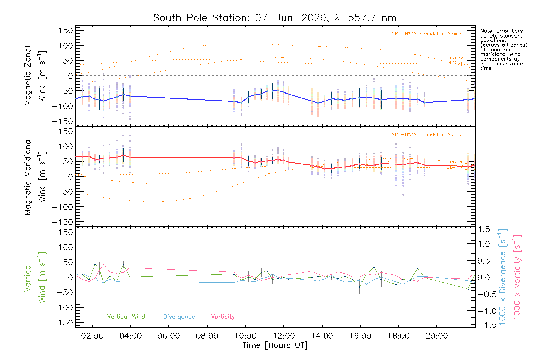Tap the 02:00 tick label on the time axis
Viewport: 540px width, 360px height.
coord(92,336)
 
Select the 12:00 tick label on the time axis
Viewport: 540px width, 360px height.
coord(284,336)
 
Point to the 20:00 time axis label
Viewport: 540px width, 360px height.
coord(437,336)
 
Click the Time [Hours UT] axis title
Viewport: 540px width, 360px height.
coord(275,345)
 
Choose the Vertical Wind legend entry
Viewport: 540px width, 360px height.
coord(126,316)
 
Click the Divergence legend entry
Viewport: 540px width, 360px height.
coord(179,317)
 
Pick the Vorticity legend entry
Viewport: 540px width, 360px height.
coord(223,316)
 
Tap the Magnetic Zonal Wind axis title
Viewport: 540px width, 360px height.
coord(35,76)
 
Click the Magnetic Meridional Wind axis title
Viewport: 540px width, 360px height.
coord(35,177)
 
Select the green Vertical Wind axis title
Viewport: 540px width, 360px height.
coord(35,277)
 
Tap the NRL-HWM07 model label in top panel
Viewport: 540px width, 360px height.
coord(427,34)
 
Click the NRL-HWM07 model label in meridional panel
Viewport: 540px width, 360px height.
coord(427,135)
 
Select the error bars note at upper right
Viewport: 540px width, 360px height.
coord(503,49)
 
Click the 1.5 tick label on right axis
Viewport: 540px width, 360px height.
coord(484,229)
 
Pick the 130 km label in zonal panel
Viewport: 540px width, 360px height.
coord(456,58)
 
